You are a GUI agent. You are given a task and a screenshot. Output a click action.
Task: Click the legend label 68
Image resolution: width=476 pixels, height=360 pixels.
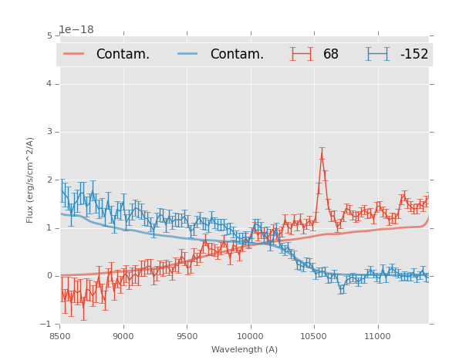330,54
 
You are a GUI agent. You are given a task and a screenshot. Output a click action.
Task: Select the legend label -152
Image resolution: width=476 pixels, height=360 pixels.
414,54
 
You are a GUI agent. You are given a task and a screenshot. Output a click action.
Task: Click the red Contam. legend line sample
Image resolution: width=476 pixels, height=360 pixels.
74,54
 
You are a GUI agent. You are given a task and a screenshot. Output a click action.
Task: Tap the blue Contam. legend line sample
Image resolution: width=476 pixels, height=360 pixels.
188,54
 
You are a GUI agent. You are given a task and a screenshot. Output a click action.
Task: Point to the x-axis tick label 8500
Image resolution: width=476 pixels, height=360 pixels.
60,336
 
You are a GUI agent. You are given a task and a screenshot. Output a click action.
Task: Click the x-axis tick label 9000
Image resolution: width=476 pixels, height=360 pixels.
123,336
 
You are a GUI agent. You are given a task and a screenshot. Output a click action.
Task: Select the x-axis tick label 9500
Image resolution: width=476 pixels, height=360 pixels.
187,336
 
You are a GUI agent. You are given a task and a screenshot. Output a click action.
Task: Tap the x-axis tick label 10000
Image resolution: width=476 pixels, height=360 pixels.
250,336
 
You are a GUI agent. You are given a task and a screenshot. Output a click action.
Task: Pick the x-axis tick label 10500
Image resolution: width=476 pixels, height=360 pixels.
313,336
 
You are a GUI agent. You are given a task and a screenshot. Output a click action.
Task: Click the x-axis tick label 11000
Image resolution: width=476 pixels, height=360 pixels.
376,336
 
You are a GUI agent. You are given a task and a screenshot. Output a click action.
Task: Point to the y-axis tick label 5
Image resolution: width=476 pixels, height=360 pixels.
49,35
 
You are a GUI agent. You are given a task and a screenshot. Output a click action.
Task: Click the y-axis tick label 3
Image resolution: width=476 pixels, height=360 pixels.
49,132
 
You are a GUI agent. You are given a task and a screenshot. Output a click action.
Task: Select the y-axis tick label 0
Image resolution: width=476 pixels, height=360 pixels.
49,276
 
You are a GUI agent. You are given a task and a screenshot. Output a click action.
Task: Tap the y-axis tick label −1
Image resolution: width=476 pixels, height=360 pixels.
47,324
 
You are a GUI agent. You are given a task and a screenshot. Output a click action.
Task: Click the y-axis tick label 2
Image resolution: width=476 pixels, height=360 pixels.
49,180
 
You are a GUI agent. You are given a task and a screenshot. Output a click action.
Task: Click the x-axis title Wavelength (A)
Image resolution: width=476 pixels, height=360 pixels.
245,350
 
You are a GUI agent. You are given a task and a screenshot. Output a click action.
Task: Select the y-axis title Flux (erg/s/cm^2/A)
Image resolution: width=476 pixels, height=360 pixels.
30,180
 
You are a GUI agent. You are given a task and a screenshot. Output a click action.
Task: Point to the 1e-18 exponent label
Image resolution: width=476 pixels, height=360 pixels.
76,30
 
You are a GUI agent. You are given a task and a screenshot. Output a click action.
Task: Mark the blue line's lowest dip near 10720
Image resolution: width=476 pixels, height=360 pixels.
342,291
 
